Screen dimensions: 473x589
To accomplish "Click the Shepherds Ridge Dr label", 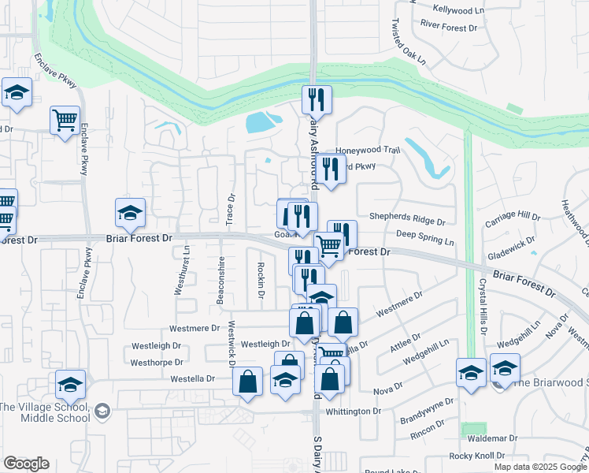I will click(x=407, y=222).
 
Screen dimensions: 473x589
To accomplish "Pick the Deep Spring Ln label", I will click(x=425, y=236).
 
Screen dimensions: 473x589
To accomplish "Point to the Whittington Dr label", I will click(x=354, y=412).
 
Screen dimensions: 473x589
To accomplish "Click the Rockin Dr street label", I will click(x=261, y=281).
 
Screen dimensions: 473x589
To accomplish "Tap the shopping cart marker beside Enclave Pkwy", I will click(x=65, y=121).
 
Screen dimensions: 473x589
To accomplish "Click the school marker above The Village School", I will click(x=70, y=385).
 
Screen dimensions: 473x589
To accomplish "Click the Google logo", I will click(x=26, y=464).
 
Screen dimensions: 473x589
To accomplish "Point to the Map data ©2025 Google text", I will click(x=540, y=467).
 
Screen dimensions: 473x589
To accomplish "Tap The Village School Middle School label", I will click(x=44, y=412).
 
